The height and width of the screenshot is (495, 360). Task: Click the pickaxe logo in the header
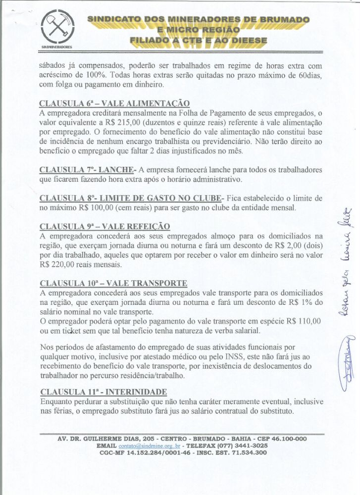pos(56,28)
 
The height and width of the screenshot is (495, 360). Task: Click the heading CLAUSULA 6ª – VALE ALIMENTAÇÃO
pos(114,103)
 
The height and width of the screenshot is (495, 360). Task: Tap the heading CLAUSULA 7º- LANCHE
pos(88,170)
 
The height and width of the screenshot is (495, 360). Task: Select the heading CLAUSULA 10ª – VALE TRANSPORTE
pos(113,283)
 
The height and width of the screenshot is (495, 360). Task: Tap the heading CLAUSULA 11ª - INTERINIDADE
pos(103,391)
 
